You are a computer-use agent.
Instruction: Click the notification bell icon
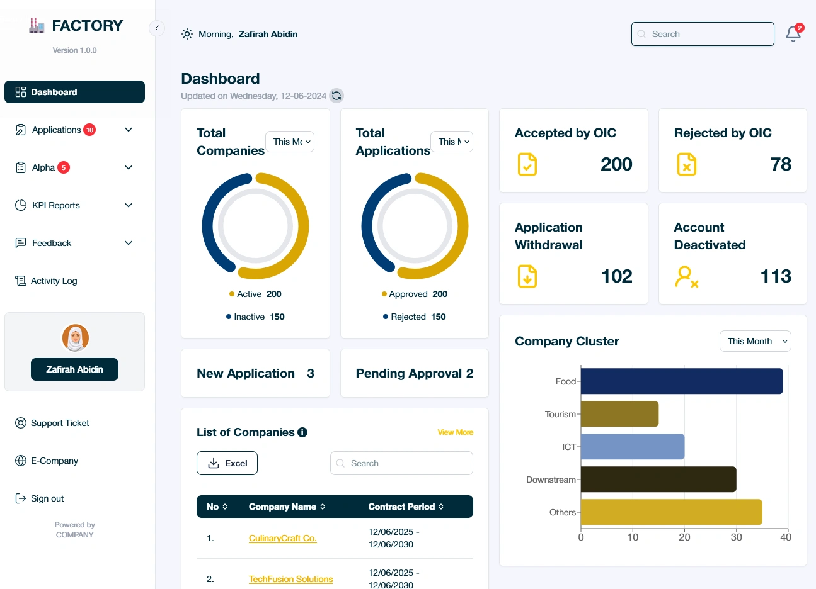point(793,34)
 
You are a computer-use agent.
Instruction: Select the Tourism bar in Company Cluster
point(619,414)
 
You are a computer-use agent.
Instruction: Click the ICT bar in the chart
point(632,447)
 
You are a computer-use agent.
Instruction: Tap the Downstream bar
point(658,480)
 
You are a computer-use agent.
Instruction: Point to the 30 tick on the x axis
point(736,537)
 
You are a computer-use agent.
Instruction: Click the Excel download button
point(227,463)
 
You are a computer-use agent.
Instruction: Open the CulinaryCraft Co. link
point(282,538)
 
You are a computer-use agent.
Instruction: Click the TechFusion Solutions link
point(290,579)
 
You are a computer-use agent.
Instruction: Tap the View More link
point(455,432)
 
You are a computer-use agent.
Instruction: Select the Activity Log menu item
point(54,281)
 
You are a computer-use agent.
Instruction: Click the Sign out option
point(47,498)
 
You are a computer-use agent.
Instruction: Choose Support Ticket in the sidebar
point(60,423)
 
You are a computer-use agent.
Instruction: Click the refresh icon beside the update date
point(336,96)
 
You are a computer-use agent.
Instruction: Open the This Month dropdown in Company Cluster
point(755,341)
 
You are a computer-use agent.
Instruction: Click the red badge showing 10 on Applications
point(89,130)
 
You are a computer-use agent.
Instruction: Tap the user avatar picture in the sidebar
point(75,338)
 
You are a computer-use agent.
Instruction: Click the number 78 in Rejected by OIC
point(781,164)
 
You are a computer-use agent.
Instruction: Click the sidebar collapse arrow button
point(156,28)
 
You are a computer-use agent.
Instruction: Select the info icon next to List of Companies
point(302,432)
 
